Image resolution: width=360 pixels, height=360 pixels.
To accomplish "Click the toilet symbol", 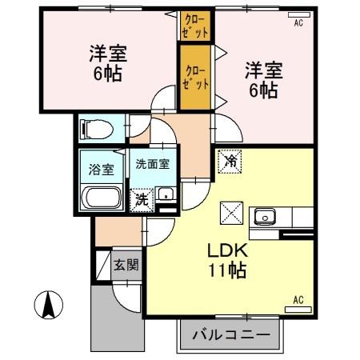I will pyautogui.click(x=90, y=127).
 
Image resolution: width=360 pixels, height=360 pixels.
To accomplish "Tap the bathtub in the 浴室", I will pyautogui.click(x=101, y=198).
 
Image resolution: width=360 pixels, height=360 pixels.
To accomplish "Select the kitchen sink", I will pyautogui.click(x=264, y=216).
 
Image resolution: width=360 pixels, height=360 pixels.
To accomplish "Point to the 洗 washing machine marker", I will pyautogui.click(x=141, y=198).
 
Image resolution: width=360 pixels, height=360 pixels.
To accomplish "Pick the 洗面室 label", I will pyautogui.click(x=151, y=165).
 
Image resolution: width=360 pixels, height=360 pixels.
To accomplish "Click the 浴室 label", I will pyautogui.click(x=101, y=169).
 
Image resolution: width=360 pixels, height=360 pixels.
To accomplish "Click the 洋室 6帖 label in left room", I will pyautogui.click(x=106, y=66).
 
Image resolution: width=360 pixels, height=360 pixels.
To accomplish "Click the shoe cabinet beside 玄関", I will pyautogui.click(x=103, y=265).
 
